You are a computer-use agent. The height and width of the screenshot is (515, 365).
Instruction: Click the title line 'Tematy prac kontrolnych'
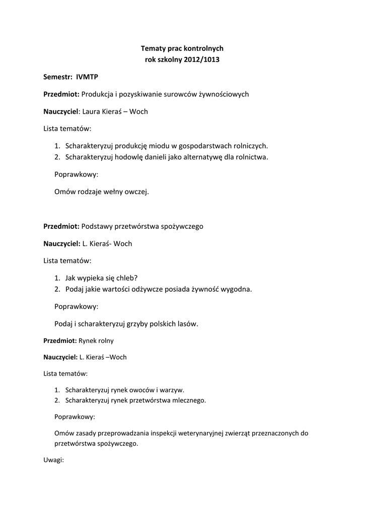(x=182, y=48)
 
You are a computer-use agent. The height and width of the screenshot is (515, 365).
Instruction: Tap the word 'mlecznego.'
(x=190, y=400)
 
